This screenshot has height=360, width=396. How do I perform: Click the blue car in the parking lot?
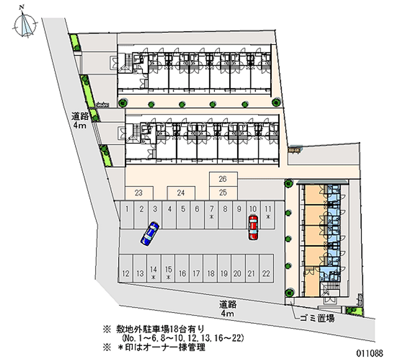[x=149, y=233]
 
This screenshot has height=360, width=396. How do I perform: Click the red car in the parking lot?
[x=253, y=227]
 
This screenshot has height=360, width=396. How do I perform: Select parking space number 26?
[x=223, y=179]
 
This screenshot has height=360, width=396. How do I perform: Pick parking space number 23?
[x=139, y=193]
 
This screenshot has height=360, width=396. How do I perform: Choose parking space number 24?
[x=181, y=193]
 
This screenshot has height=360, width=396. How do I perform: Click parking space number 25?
[x=223, y=193]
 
